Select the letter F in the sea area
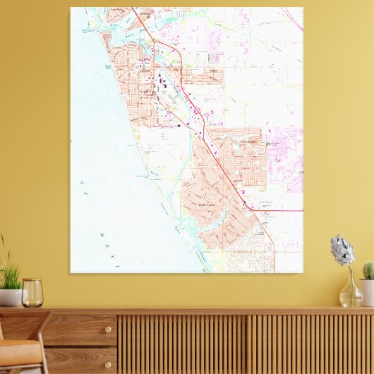pyautogui.click(x=89, y=191)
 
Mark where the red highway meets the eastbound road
pyautogui.click(x=244, y=205)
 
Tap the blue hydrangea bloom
pyautogui.click(x=342, y=251)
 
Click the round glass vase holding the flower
pyautogui.click(x=351, y=293)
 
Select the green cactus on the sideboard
pyautogui.click(x=368, y=271)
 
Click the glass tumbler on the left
pyautogui.click(x=32, y=292)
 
